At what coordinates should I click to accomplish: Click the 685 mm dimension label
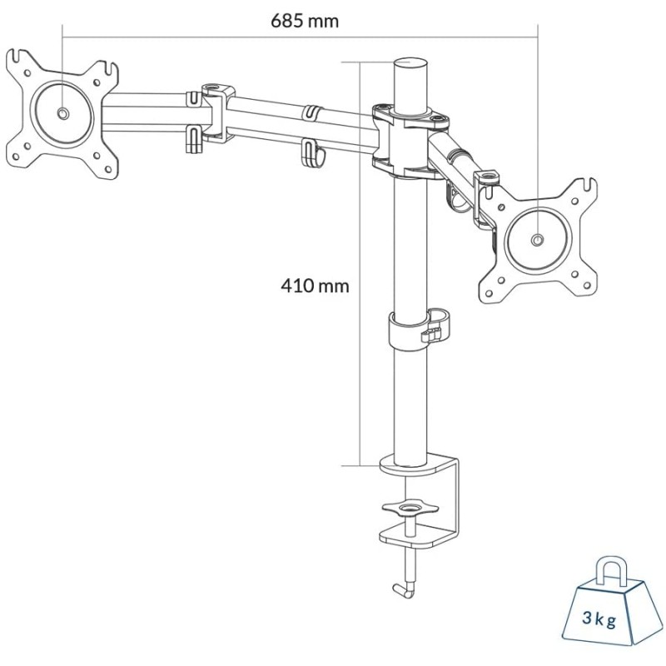point(305,21)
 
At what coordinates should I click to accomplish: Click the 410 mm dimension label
point(314,286)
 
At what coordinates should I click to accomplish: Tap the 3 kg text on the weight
point(600,619)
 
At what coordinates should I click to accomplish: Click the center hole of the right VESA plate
point(537,240)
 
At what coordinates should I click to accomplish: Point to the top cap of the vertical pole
point(409,64)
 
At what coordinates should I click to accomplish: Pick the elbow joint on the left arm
point(212,112)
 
